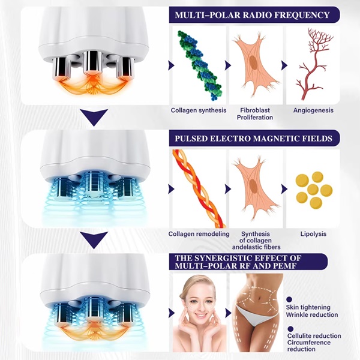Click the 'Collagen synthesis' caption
point(199,110)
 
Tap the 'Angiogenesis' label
point(313,110)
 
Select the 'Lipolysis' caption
point(313,234)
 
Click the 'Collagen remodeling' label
point(199,234)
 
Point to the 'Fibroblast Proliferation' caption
point(255,114)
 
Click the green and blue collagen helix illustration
point(199,65)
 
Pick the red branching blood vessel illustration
point(314,64)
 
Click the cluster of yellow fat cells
point(314,189)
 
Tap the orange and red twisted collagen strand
point(198,188)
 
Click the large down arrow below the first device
point(94,117)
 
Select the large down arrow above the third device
point(94,240)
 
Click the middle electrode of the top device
point(92,62)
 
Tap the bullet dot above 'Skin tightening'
point(289,299)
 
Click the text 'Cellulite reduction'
point(314,336)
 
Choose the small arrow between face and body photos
point(228,313)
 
